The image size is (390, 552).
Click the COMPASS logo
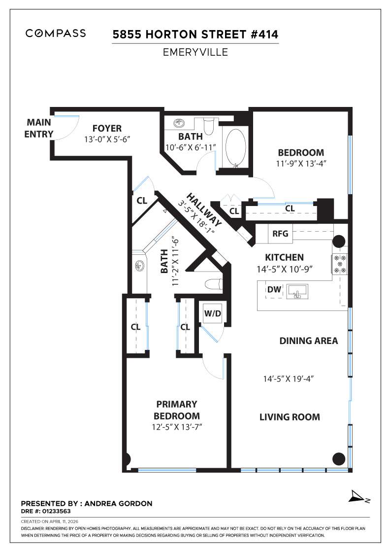tap(56, 34)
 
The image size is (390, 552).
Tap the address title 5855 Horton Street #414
tap(195, 34)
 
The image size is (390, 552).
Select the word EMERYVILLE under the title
tap(195, 52)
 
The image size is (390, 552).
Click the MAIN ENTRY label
tap(39, 128)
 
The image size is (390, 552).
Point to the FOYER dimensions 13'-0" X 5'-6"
tap(106, 139)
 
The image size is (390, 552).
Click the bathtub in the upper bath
tap(235, 146)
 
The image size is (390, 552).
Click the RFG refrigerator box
tap(280, 234)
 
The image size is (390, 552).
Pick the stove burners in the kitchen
tap(340, 264)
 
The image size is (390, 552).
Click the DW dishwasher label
tap(274, 290)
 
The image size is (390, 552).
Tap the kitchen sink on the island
tap(297, 292)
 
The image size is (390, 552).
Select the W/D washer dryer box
tap(212, 312)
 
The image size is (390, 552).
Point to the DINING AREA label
tap(308, 341)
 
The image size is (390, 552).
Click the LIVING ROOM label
tap(290, 417)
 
